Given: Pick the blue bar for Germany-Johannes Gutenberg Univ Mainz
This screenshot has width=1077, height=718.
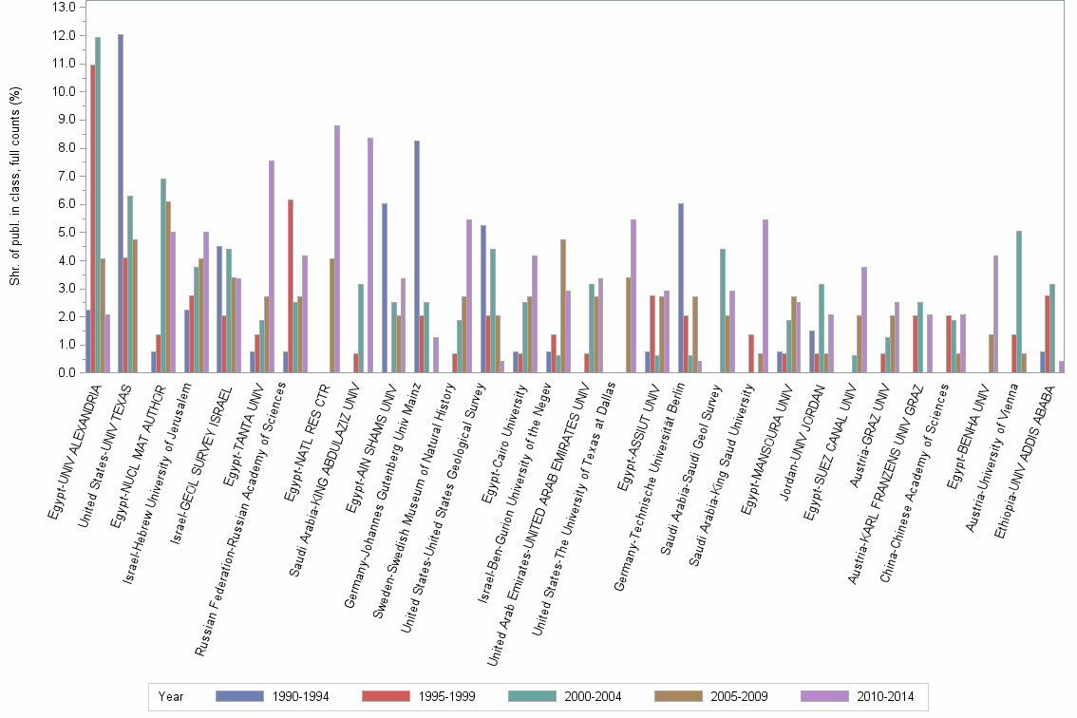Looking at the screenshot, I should click(x=417, y=256).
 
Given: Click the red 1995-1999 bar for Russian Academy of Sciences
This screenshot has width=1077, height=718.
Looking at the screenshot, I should click(x=291, y=286).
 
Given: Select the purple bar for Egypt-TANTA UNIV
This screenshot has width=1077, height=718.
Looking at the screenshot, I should click(x=271, y=267).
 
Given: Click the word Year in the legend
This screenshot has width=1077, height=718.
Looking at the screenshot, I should click(x=171, y=697).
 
